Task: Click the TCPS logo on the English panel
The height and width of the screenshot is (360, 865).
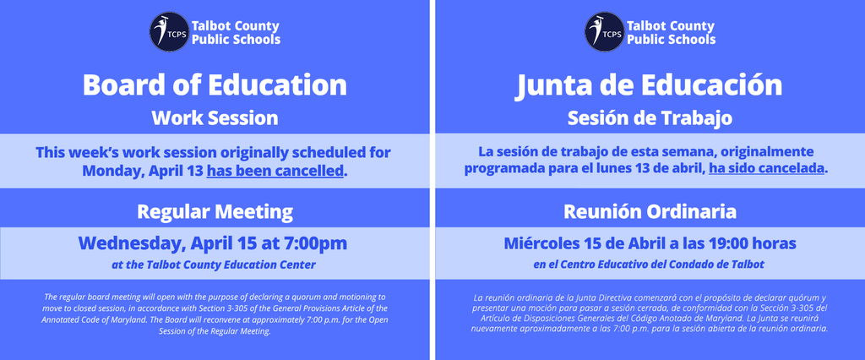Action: [x=167, y=31]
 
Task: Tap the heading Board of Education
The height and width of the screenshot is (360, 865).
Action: [x=215, y=85]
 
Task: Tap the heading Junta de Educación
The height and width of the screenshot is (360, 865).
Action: [x=649, y=85]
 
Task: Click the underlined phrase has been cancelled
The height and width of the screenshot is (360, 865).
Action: [x=275, y=171]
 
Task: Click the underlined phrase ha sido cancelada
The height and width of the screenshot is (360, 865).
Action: [x=766, y=169]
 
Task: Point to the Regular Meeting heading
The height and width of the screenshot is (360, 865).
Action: [x=215, y=210]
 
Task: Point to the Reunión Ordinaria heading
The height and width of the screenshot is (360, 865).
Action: [x=649, y=210]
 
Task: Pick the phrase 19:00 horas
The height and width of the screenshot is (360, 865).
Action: [x=753, y=243]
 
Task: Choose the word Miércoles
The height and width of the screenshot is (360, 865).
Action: [x=541, y=243]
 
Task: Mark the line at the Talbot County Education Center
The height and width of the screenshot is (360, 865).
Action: [x=214, y=265]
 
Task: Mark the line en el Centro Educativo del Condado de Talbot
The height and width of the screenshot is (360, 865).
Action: [x=649, y=265]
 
